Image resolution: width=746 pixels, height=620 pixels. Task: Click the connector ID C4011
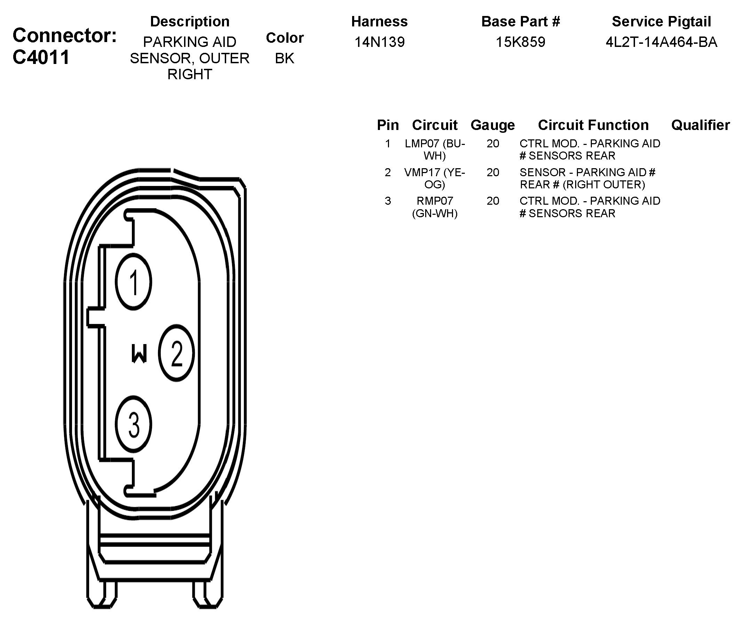tap(41, 57)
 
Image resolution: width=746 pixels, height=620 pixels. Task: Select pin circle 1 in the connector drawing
tap(134, 282)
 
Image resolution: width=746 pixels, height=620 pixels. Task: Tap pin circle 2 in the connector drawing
tap(176, 353)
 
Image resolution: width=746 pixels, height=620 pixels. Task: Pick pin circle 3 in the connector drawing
tap(134, 424)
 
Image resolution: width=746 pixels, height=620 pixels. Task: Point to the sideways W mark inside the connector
tap(139, 353)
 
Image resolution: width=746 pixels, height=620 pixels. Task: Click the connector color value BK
tap(285, 58)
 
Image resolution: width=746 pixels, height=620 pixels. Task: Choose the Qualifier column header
tap(700, 125)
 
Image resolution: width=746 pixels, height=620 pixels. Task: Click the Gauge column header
tap(492, 125)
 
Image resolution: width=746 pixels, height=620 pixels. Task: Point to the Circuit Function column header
tap(593, 125)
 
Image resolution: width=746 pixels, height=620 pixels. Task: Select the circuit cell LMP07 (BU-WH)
tap(435, 149)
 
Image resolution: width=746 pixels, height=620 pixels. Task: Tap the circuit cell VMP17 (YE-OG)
tap(435, 178)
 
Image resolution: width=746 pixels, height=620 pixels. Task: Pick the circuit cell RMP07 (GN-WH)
tap(435, 207)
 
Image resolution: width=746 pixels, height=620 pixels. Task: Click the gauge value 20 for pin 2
tap(493, 172)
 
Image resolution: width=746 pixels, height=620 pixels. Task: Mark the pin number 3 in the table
tap(388, 201)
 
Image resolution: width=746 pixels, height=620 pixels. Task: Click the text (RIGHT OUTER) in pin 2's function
tap(604, 185)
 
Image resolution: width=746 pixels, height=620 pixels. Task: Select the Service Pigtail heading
tap(661, 22)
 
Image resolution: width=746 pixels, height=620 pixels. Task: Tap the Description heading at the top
tap(190, 22)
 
